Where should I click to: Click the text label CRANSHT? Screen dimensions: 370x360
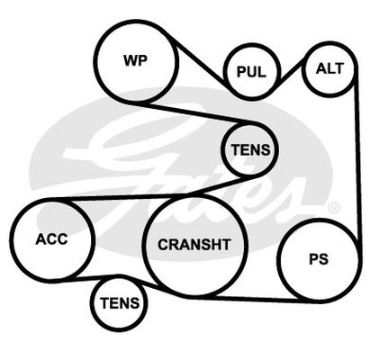point(194,245)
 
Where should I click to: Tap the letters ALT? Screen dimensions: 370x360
point(329,68)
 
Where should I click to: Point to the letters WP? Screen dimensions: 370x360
point(135,60)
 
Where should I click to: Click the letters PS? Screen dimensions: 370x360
point(319,260)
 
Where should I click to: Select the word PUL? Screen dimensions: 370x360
point(251,72)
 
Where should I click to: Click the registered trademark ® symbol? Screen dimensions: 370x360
point(334,207)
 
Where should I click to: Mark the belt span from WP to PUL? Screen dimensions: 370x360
point(195,56)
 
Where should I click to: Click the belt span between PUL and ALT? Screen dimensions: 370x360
point(290,73)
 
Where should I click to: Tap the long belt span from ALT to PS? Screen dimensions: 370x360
point(357,156)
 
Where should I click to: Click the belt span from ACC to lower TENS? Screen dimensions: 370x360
point(90,278)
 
